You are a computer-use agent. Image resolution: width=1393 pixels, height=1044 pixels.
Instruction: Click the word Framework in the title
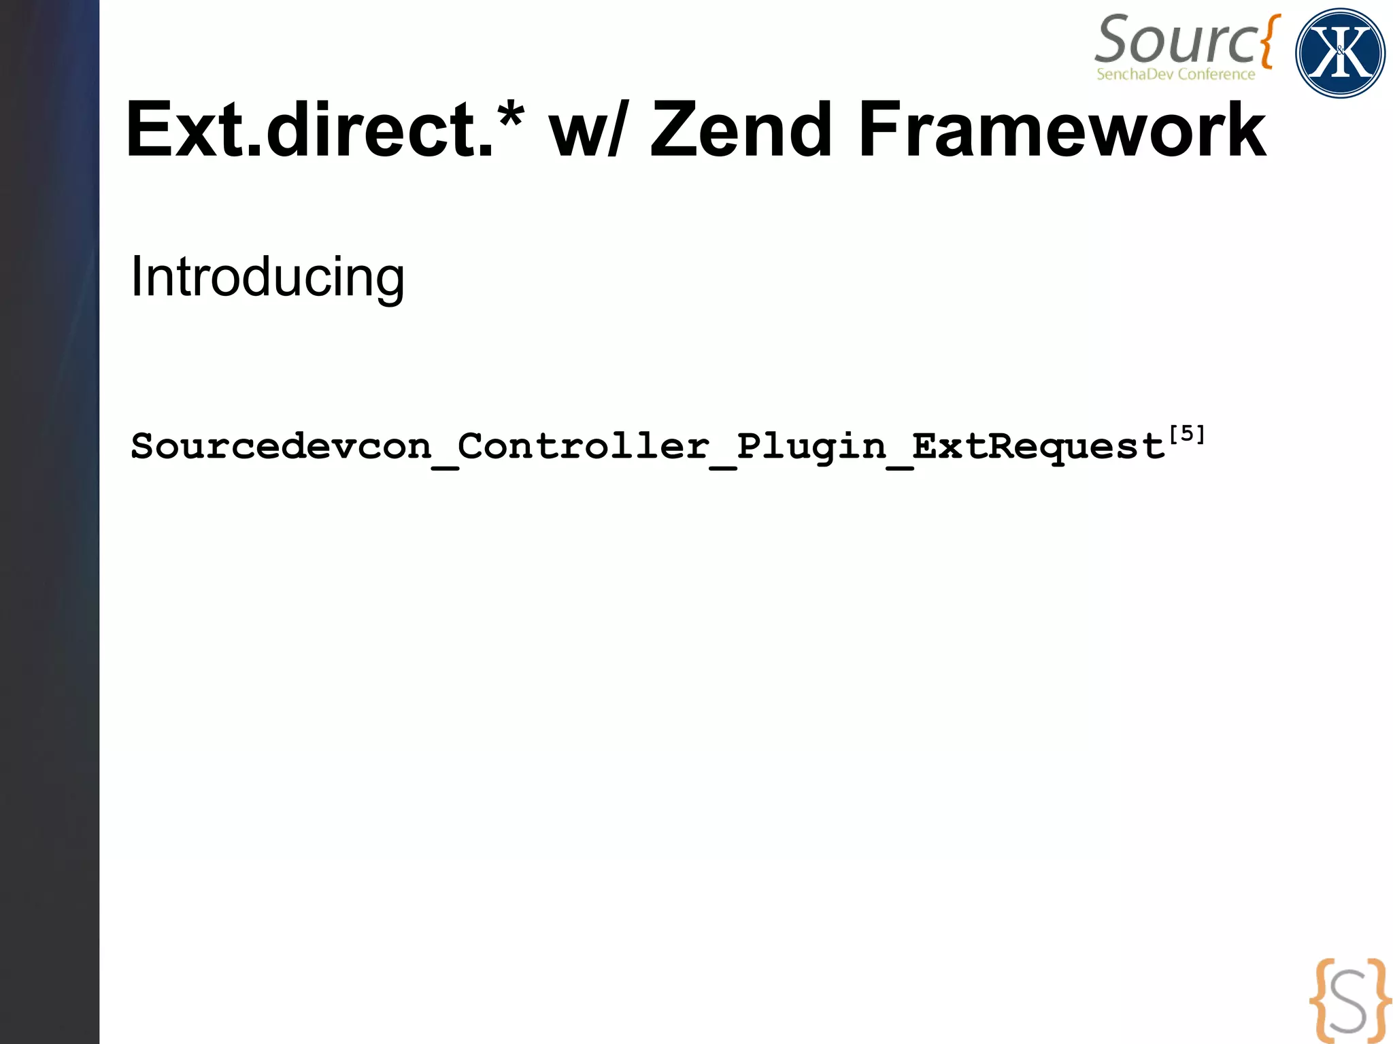(x=1061, y=129)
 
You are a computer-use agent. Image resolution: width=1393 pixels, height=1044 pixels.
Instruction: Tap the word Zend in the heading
(x=741, y=129)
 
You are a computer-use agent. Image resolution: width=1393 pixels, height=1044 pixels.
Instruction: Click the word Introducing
(x=267, y=277)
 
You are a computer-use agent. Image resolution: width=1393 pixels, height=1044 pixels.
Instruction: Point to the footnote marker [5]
(x=1187, y=434)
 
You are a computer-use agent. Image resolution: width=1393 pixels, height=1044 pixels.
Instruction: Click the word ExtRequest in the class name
(x=1038, y=447)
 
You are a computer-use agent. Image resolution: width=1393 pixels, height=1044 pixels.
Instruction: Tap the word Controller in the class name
(x=583, y=447)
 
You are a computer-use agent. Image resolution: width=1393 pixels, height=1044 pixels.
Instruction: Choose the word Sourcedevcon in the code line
(x=281, y=447)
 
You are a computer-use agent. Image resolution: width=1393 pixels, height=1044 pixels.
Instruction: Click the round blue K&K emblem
(x=1340, y=53)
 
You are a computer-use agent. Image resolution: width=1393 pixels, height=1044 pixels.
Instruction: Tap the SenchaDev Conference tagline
(x=1175, y=74)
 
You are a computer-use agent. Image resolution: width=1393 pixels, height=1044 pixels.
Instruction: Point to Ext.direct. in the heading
(x=309, y=129)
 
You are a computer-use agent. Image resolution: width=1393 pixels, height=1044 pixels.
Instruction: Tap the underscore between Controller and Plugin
(x=722, y=467)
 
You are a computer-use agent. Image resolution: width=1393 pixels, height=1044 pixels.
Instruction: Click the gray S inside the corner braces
(x=1349, y=1001)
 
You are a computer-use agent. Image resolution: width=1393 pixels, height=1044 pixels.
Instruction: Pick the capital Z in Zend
(x=673, y=129)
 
